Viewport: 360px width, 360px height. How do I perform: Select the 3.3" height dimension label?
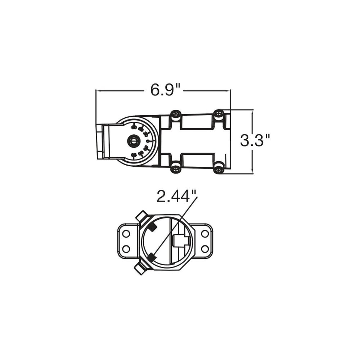pos(255,140)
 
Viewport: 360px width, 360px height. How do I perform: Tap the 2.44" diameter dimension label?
pos(176,196)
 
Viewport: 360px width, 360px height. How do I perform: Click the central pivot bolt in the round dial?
pos(133,141)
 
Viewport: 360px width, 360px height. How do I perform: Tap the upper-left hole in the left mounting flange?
pos(126,234)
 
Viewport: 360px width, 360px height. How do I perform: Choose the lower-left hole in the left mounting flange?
pos(126,248)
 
